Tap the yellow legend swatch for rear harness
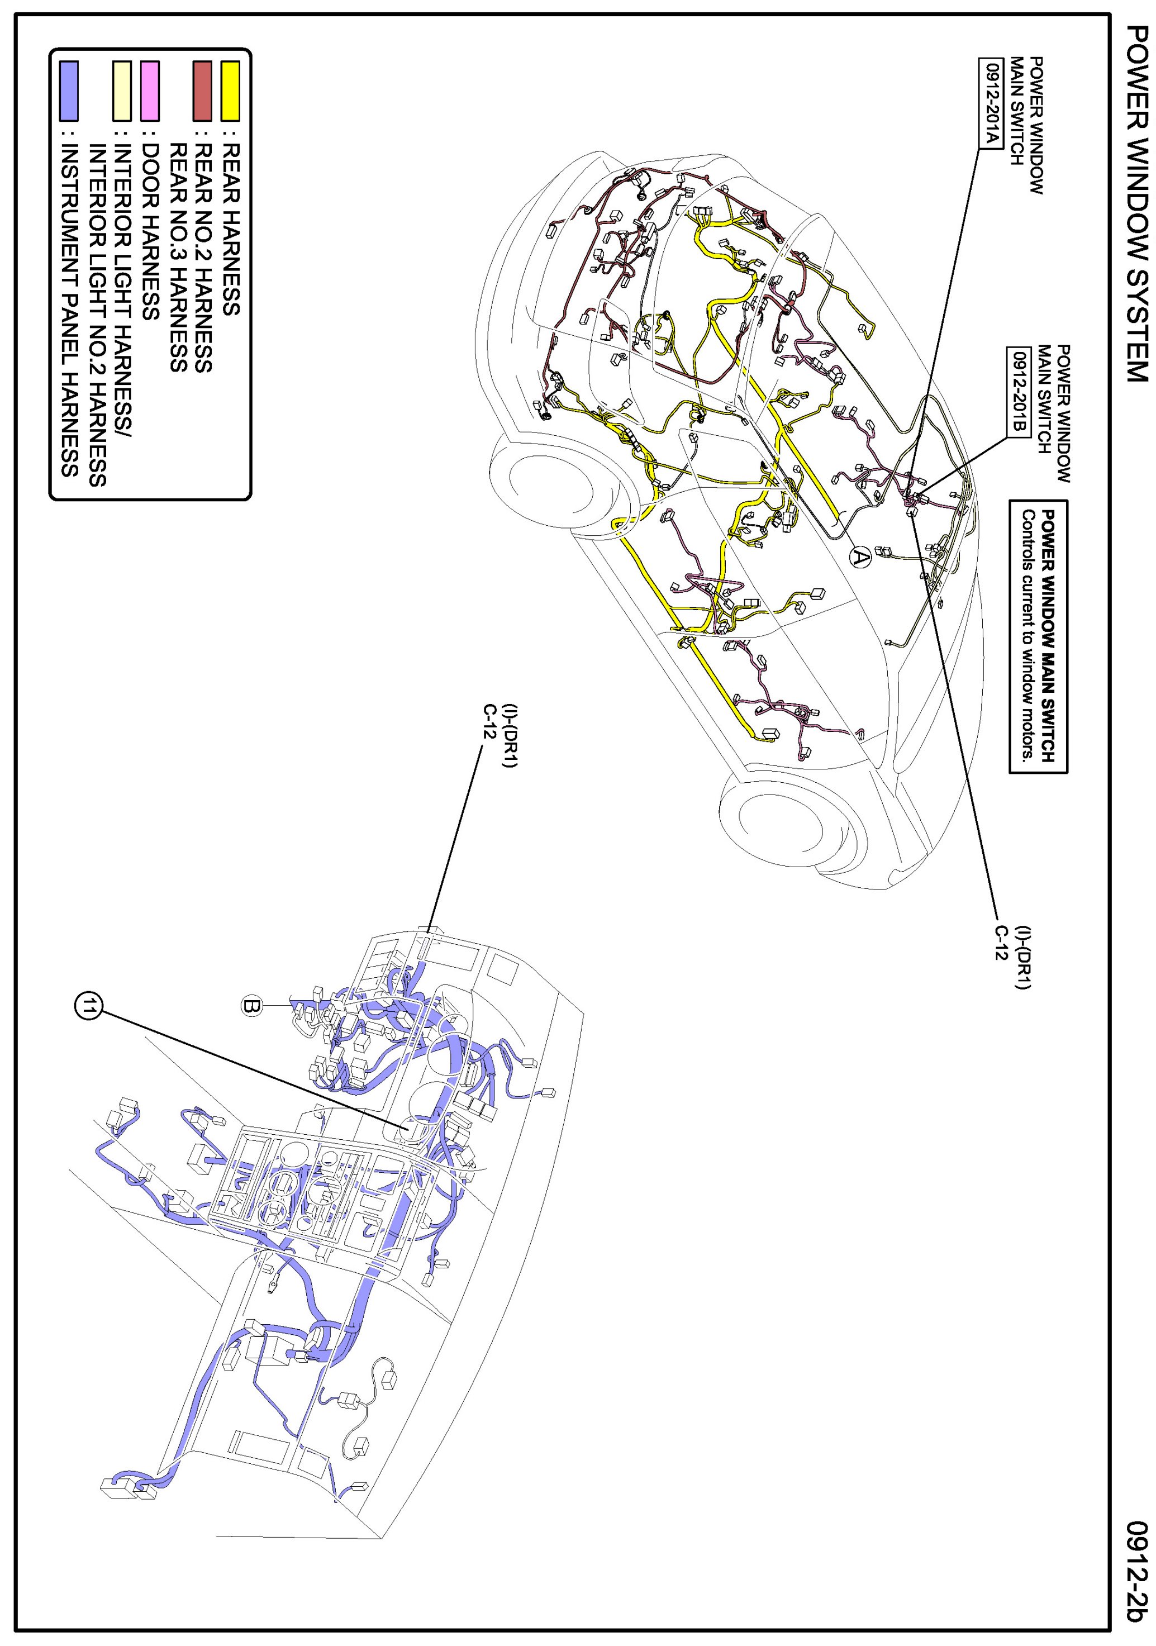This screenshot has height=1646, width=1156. [x=230, y=91]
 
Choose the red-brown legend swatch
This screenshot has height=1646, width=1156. [x=202, y=91]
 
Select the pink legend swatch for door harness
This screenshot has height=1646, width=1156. [x=150, y=91]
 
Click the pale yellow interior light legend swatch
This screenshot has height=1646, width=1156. [x=122, y=91]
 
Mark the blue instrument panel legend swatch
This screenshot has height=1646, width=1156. [x=69, y=91]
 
